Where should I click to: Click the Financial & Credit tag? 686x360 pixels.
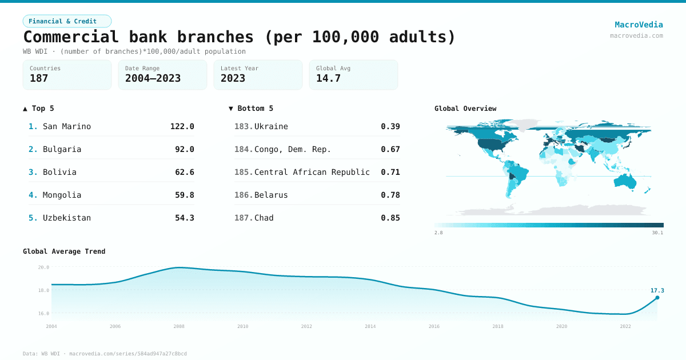coord(67,21)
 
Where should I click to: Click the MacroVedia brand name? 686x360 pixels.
coord(639,25)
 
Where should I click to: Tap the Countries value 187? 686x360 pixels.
coord(39,78)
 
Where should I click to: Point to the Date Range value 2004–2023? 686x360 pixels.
coord(153,78)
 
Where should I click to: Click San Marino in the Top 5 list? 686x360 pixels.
coord(67,126)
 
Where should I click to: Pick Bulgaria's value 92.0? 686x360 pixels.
coord(184,149)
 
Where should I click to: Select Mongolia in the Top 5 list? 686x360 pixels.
coord(62,195)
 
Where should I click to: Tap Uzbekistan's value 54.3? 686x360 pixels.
coord(184,218)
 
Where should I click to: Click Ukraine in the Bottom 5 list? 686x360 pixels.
coord(271,126)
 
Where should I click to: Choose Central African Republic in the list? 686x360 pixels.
coord(312,172)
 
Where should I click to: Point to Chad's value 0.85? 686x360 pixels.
coord(390,218)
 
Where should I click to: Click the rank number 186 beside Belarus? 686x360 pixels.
coord(243,195)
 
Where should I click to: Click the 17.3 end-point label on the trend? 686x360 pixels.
coord(657,290)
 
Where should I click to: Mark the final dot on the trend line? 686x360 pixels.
coord(657,298)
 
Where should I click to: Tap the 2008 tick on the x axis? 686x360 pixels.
coord(179,326)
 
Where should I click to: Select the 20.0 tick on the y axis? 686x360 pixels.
coord(43,267)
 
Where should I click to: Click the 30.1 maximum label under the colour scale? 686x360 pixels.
coord(657,233)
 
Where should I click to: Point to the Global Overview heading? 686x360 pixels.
coord(465,109)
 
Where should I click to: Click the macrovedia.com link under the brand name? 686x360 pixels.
coord(636,35)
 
